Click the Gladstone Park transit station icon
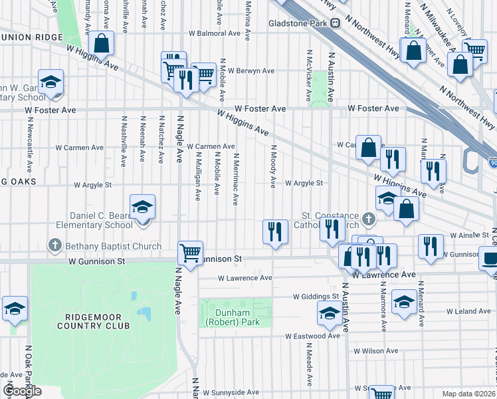(x=336, y=23)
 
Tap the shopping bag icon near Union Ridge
(x=101, y=45)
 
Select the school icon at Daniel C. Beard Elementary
(x=142, y=207)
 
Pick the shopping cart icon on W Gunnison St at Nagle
(x=190, y=253)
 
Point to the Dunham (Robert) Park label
(x=236, y=317)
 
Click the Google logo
(x=22, y=391)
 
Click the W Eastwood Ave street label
(x=312, y=336)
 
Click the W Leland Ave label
(x=468, y=311)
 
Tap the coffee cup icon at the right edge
(x=490, y=258)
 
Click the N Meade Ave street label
(x=309, y=364)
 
